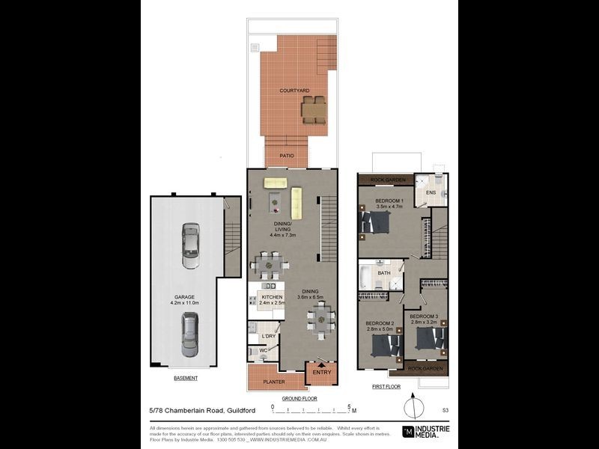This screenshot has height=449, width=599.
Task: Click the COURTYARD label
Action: click(294, 91)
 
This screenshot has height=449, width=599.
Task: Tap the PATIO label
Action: click(287, 156)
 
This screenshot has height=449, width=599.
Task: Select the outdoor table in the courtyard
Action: click(314, 109)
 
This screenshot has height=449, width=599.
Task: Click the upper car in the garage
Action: click(191, 246)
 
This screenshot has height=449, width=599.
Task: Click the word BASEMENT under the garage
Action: click(185, 378)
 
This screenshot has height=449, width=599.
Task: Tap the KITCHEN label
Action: click(272, 297)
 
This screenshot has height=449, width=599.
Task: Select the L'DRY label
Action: click(267, 336)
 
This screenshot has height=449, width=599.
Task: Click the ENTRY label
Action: click(321, 372)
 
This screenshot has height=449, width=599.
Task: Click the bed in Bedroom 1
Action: click(375, 222)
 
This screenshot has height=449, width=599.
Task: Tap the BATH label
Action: click(383, 273)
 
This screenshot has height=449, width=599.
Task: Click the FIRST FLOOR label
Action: click(386, 387)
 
